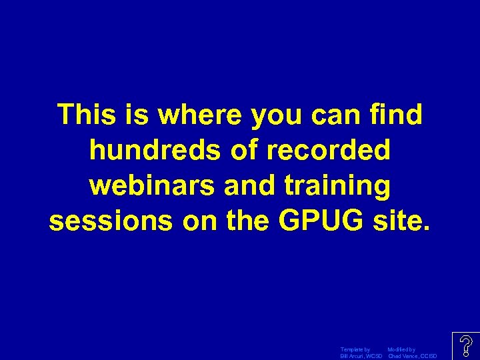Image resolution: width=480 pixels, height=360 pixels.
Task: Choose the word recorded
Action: [x=329, y=151]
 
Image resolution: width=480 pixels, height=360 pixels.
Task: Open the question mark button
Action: [x=466, y=346]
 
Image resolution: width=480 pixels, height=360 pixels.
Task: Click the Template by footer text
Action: [x=355, y=349]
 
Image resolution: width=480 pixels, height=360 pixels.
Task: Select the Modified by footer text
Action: [x=401, y=349]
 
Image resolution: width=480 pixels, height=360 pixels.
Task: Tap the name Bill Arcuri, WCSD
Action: [x=361, y=356]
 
